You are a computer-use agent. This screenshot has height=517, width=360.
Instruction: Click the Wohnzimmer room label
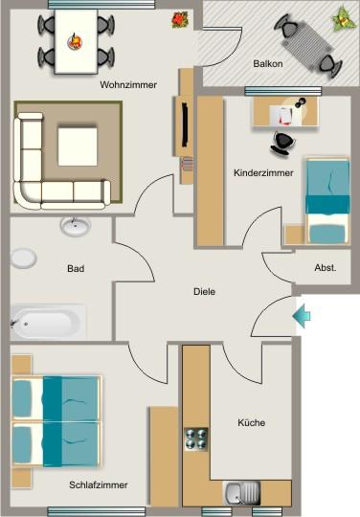tap(128, 85)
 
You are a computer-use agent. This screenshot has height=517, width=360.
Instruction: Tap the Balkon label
tap(267, 64)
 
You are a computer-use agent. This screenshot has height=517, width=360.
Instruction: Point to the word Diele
tap(204, 292)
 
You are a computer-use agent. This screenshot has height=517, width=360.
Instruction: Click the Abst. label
tap(325, 269)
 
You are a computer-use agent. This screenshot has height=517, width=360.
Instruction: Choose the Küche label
tap(251, 422)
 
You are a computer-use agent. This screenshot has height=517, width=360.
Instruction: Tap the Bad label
tap(76, 269)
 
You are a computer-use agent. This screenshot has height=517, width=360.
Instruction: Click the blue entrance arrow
tap(303, 315)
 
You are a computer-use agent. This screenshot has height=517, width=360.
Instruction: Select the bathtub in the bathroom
tap(47, 321)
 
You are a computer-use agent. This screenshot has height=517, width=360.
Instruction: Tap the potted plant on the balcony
tap(342, 16)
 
